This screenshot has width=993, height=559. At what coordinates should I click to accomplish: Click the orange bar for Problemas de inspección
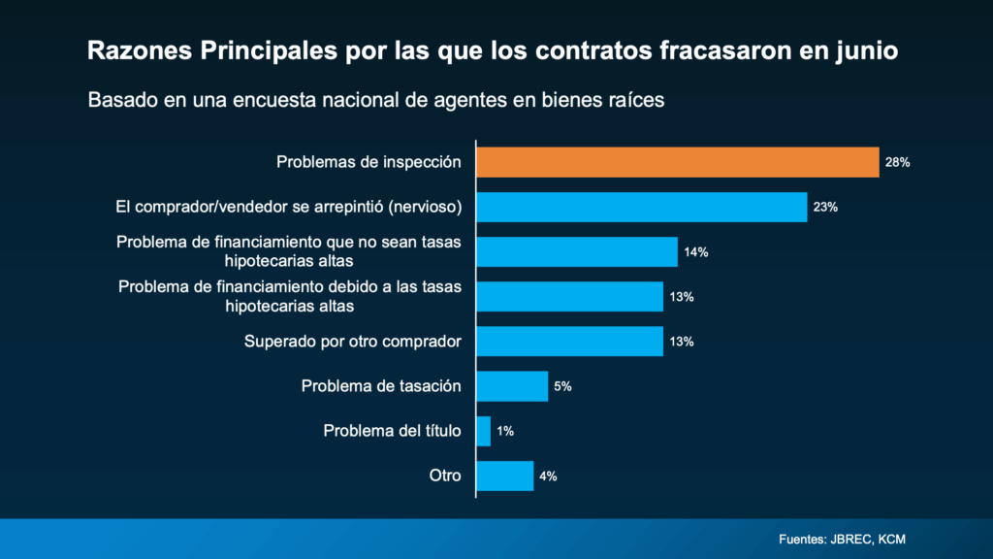tap(677, 162)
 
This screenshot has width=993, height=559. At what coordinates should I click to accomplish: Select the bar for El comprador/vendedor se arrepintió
tap(641, 207)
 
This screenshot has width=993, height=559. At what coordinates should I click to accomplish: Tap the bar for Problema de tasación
tap(512, 386)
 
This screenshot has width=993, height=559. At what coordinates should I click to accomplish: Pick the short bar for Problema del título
tap(483, 431)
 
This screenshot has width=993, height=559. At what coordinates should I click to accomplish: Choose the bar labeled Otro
tap(504, 476)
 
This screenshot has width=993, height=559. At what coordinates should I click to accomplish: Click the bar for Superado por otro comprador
tap(569, 342)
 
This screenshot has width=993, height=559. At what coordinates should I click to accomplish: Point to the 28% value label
tap(897, 163)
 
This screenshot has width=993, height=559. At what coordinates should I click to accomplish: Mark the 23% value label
tap(825, 208)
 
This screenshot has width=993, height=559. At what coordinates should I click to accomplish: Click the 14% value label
tap(696, 252)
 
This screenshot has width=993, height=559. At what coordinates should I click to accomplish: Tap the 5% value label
tap(562, 386)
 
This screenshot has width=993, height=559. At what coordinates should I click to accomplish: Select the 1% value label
tap(505, 431)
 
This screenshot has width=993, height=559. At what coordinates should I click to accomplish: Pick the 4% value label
tap(548, 476)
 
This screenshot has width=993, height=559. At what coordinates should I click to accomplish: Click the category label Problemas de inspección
tap(368, 162)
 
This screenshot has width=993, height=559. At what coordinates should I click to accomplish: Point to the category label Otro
tap(445, 476)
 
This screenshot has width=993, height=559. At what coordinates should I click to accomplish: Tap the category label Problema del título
tap(392, 431)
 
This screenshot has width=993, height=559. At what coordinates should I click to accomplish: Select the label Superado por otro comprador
tap(352, 342)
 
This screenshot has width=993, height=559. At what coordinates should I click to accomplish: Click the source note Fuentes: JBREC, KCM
tap(842, 539)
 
